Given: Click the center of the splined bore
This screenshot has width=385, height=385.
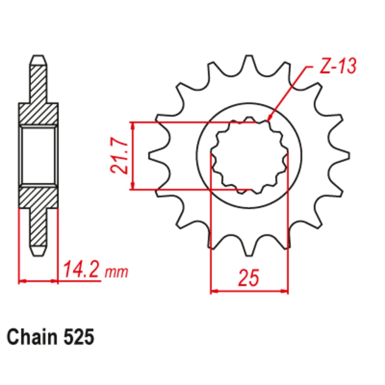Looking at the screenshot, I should (x=249, y=156).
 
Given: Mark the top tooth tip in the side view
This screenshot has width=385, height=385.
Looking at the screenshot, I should (x=38, y=60).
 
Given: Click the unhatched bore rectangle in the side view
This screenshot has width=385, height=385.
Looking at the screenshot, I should (x=38, y=156).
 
